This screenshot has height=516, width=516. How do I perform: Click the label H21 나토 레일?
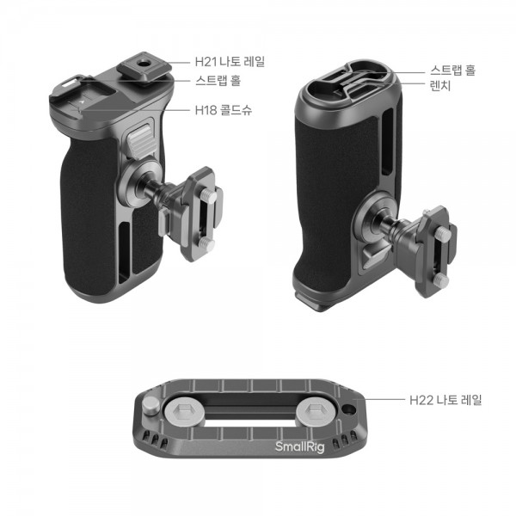(230, 62)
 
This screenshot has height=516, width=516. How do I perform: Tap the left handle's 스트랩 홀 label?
(218, 80)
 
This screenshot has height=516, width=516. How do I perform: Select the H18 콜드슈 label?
(224, 110)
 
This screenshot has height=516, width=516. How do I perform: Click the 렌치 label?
(440, 85)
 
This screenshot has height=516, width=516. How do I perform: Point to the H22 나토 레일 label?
(445, 400)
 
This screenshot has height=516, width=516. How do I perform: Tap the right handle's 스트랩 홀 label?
(453, 71)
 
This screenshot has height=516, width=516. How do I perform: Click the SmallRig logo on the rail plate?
(299, 447)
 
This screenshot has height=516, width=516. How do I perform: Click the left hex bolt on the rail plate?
(181, 411)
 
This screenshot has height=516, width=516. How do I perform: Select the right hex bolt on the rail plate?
(312, 411)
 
